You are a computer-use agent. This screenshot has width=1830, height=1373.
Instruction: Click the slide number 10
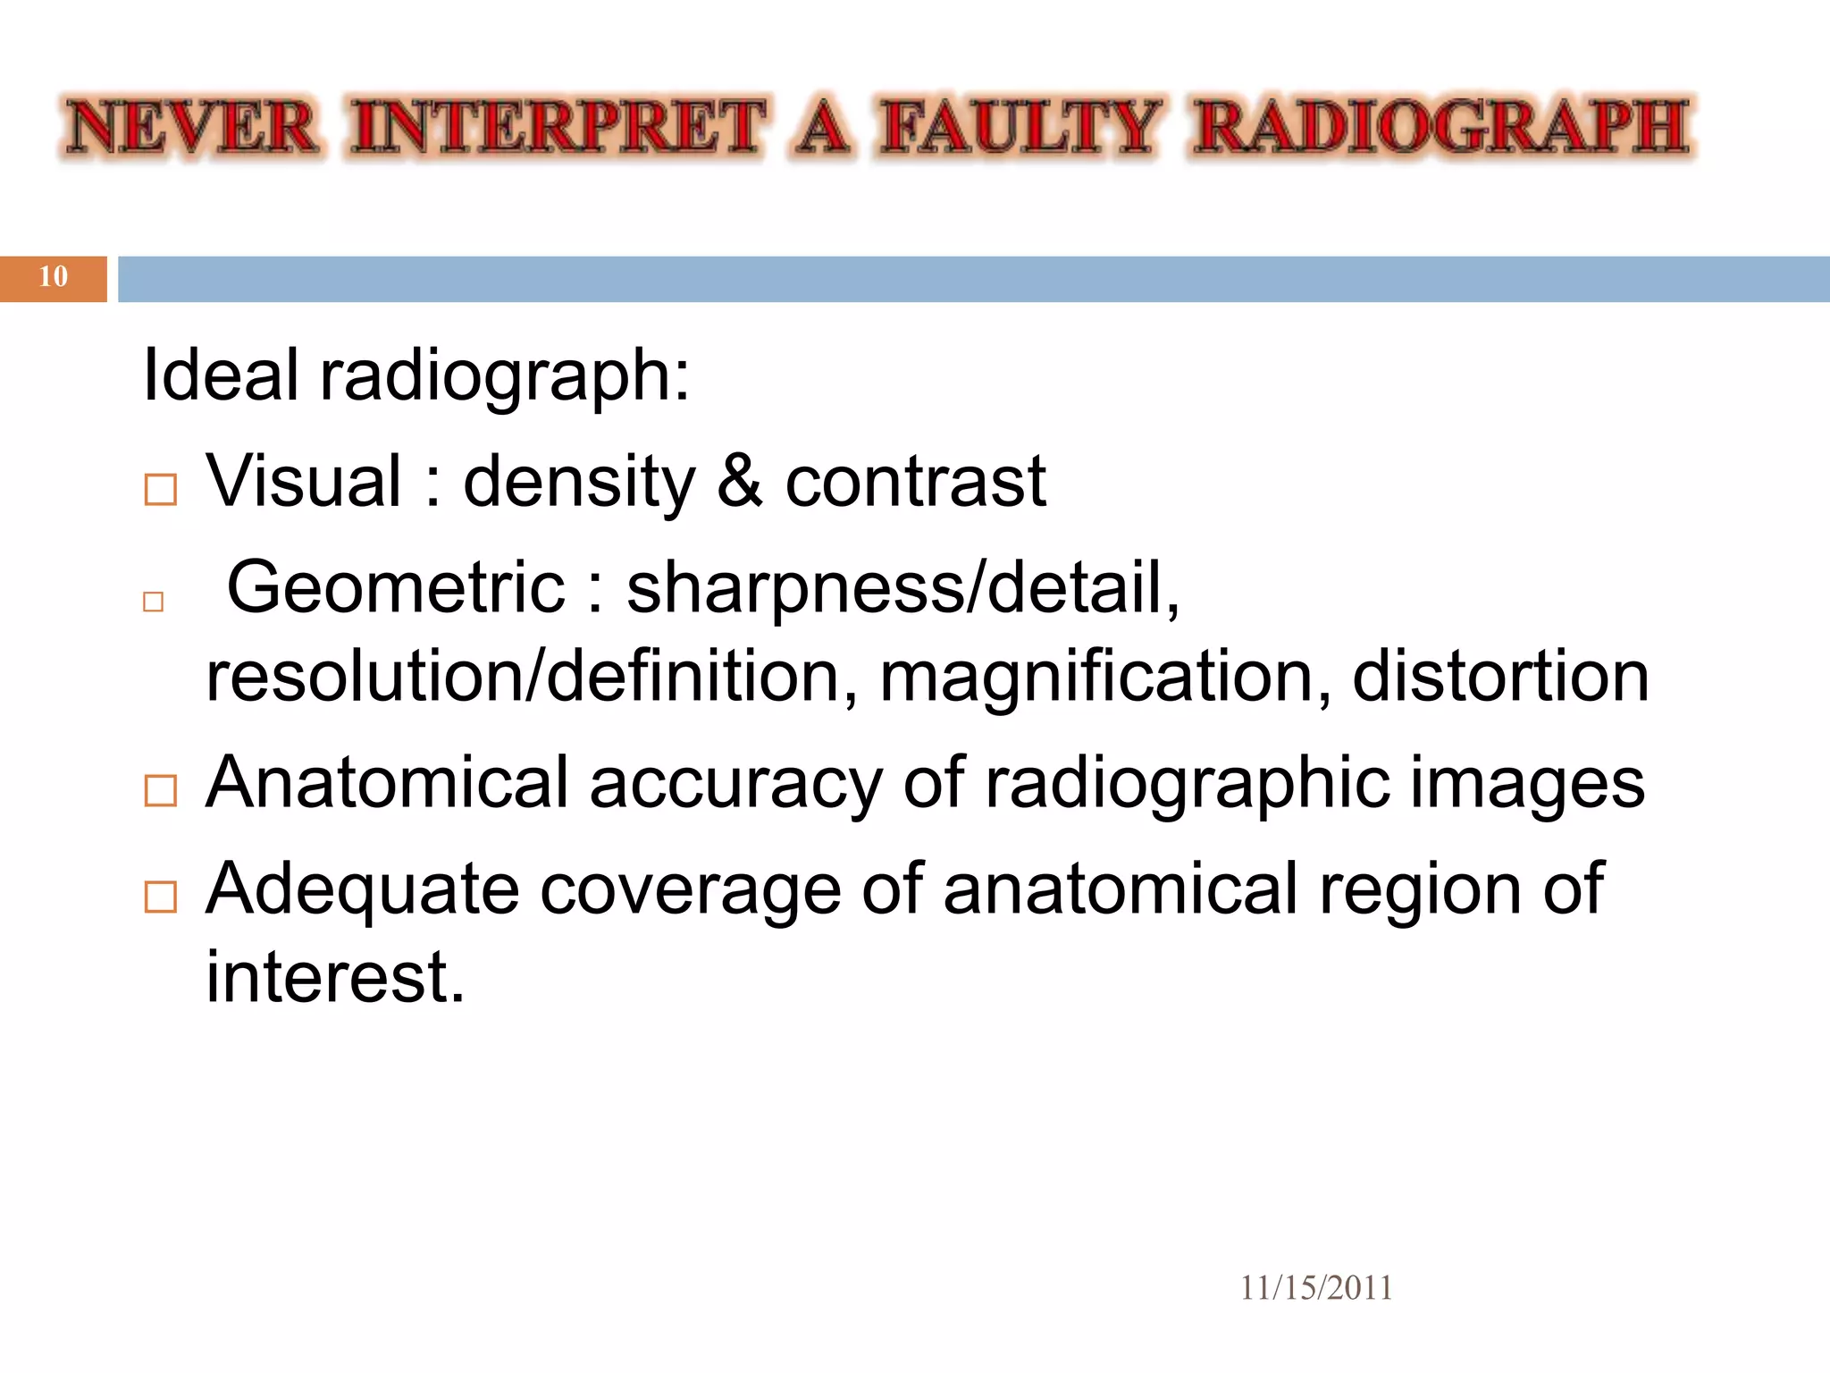click(x=54, y=277)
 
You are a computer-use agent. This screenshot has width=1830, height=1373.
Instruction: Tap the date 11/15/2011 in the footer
click(x=1315, y=1288)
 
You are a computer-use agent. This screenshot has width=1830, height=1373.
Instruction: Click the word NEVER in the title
click(x=192, y=128)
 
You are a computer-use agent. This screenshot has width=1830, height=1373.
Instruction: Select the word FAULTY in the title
click(x=1019, y=128)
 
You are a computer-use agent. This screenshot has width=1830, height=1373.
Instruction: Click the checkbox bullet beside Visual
click(x=161, y=490)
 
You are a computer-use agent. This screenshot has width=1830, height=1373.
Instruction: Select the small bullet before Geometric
click(x=154, y=602)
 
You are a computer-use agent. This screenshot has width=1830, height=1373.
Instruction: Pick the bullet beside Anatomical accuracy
click(x=161, y=790)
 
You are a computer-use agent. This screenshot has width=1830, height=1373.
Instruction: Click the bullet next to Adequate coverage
click(x=161, y=897)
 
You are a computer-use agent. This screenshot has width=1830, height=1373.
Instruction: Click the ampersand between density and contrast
click(x=739, y=482)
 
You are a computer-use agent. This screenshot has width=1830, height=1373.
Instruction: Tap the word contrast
click(x=915, y=482)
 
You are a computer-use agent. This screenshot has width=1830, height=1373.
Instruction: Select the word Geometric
click(x=396, y=588)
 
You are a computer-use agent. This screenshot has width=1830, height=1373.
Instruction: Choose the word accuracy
click(x=735, y=784)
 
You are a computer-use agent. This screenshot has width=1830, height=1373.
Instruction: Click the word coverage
click(x=691, y=889)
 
